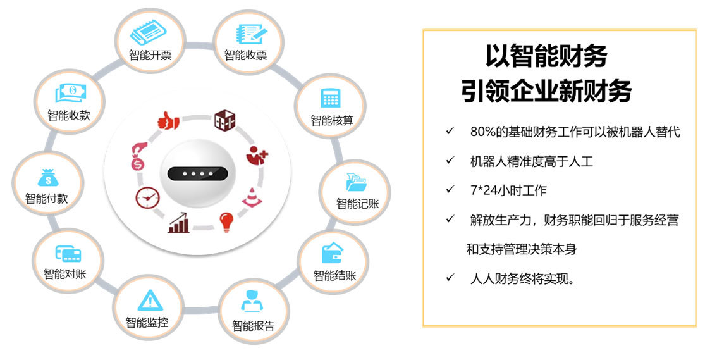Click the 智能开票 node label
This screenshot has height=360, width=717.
click(x=150, y=55)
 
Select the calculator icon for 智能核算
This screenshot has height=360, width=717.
click(x=331, y=97)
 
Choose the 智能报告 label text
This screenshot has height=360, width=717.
click(x=253, y=326)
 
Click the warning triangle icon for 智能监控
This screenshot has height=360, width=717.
click(x=147, y=299)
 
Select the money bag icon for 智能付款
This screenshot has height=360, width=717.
click(x=48, y=178)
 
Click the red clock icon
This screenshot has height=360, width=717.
click(x=147, y=198)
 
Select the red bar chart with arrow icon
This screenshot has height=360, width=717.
click(x=179, y=223)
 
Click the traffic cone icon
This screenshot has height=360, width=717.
click(x=250, y=197)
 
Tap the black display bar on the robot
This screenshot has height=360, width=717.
click(x=197, y=173)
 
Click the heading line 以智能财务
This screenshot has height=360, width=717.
click(x=546, y=56)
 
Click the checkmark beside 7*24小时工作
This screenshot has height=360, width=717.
click(x=450, y=190)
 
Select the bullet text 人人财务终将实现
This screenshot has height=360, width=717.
click(x=522, y=278)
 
